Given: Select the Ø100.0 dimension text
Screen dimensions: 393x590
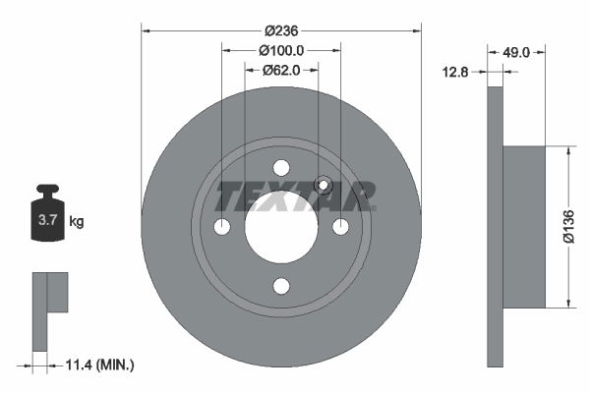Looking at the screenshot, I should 281,49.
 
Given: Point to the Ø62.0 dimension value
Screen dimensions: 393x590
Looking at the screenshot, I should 280,70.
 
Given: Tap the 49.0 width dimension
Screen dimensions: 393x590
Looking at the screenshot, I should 517,51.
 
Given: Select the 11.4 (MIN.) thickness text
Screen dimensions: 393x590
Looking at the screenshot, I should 98,365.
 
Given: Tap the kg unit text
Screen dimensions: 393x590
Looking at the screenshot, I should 77,222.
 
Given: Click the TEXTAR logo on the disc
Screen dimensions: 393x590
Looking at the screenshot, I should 295,196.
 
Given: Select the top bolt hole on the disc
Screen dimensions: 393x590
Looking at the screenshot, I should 281,168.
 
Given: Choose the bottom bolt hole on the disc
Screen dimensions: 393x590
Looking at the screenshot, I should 281,286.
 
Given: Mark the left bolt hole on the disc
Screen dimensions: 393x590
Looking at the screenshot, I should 222,227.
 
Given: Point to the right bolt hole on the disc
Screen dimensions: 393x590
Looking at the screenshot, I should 340,227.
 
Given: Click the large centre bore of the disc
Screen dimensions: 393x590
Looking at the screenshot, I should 281,227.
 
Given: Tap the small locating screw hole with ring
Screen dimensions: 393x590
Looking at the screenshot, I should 322,186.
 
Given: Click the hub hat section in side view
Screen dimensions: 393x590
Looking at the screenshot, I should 524,227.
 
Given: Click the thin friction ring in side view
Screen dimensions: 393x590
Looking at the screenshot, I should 495,227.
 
